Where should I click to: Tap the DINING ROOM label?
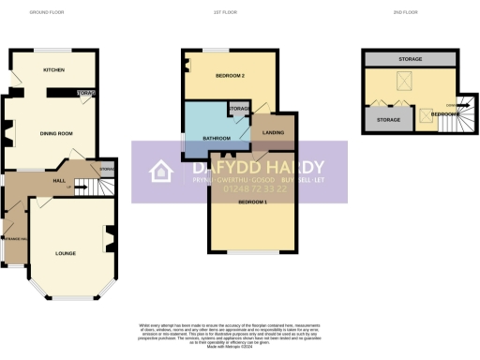pyautogui.click(x=56, y=134)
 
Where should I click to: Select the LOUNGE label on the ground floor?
pyautogui.click(x=65, y=252)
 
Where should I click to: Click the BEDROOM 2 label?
pyautogui.click(x=230, y=74)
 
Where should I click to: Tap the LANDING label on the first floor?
pyautogui.click(x=275, y=133)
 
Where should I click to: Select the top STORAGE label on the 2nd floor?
pyautogui.click(x=410, y=59)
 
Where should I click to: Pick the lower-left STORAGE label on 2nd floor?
pyautogui.click(x=387, y=120)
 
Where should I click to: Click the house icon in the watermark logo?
pyautogui.click(x=161, y=171)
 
